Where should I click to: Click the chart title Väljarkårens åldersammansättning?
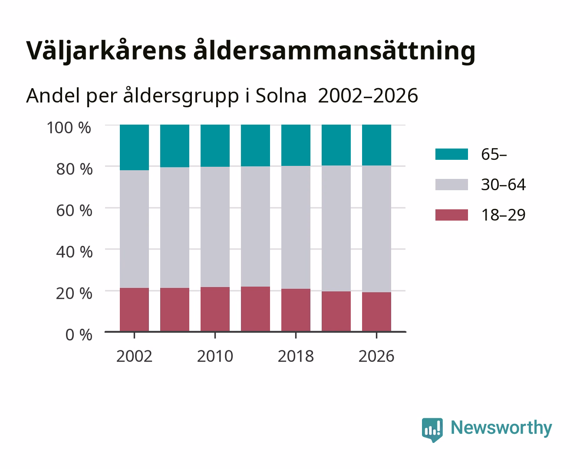click(250, 51)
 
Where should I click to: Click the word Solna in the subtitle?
click(281, 96)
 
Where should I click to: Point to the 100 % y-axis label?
click(69, 128)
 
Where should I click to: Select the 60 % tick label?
click(74, 211)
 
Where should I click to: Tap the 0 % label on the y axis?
click(79, 335)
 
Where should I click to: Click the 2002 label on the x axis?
click(134, 356)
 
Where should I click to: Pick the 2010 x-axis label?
click(215, 356)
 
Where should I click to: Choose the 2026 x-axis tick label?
click(376, 356)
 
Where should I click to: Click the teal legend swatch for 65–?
click(451, 154)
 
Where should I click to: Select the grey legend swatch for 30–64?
click(451, 185)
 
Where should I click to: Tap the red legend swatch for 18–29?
click(451, 215)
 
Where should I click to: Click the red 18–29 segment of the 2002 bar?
click(134, 310)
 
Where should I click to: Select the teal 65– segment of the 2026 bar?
click(376, 145)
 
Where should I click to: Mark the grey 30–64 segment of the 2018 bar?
click(296, 228)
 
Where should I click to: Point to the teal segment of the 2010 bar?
click(215, 146)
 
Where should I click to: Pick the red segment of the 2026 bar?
click(376, 312)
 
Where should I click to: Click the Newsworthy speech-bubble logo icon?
click(432, 429)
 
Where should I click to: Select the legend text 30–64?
click(503, 185)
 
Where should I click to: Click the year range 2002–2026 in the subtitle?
click(368, 96)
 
